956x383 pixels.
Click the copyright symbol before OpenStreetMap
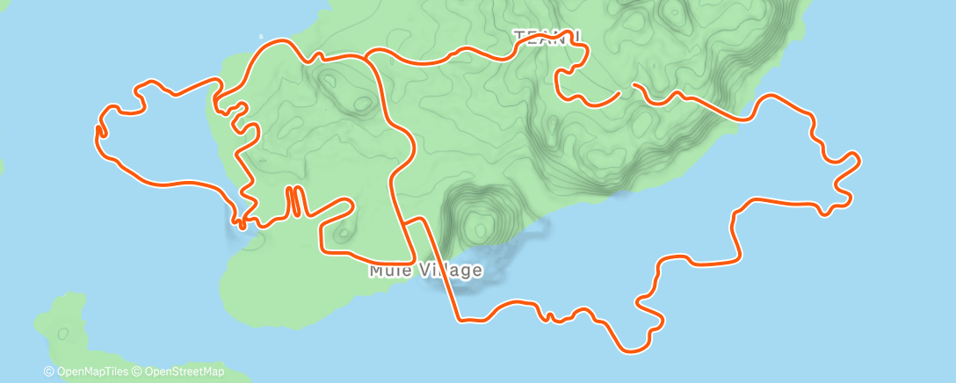[x=138, y=372]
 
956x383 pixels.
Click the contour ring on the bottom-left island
[x=62, y=334]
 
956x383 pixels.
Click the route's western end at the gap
[x=619, y=91]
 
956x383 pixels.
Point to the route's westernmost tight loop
[x=100, y=132]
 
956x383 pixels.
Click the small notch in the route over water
[x=548, y=316]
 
